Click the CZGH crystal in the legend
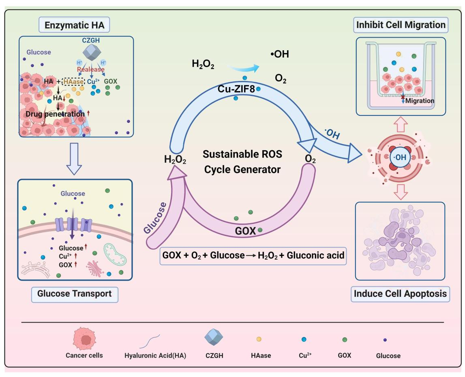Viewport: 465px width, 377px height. click(x=214, y=338)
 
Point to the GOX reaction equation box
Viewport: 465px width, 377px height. click(x=253, y=256)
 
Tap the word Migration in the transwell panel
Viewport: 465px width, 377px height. click(x=420, y=100)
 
